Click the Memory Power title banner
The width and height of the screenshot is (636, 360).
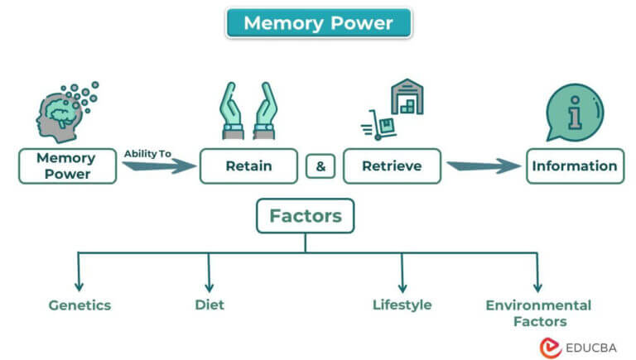tap(318, 22)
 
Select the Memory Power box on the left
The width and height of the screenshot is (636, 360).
tap(65, 166)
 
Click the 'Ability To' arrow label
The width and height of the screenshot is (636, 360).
tap(147, 153)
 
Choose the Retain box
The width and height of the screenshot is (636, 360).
tap(248, 166)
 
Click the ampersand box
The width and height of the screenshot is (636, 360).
tap(320, 166)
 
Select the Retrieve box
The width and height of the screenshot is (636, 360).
tap(392, 166)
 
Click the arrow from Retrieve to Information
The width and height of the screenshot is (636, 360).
tap(484, 166)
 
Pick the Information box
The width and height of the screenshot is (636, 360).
tap(574, 166)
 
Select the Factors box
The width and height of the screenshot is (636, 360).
tap(305, 217)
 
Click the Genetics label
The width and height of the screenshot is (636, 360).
tap(79, 305)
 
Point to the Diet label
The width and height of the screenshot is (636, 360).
tap(209, 305)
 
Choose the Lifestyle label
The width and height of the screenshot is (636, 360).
tap(402, 305)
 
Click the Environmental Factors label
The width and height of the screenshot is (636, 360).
tap(538, 313)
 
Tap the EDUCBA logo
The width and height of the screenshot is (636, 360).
tap(579, 346)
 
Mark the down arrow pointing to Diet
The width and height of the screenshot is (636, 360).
tap(209, 273)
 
